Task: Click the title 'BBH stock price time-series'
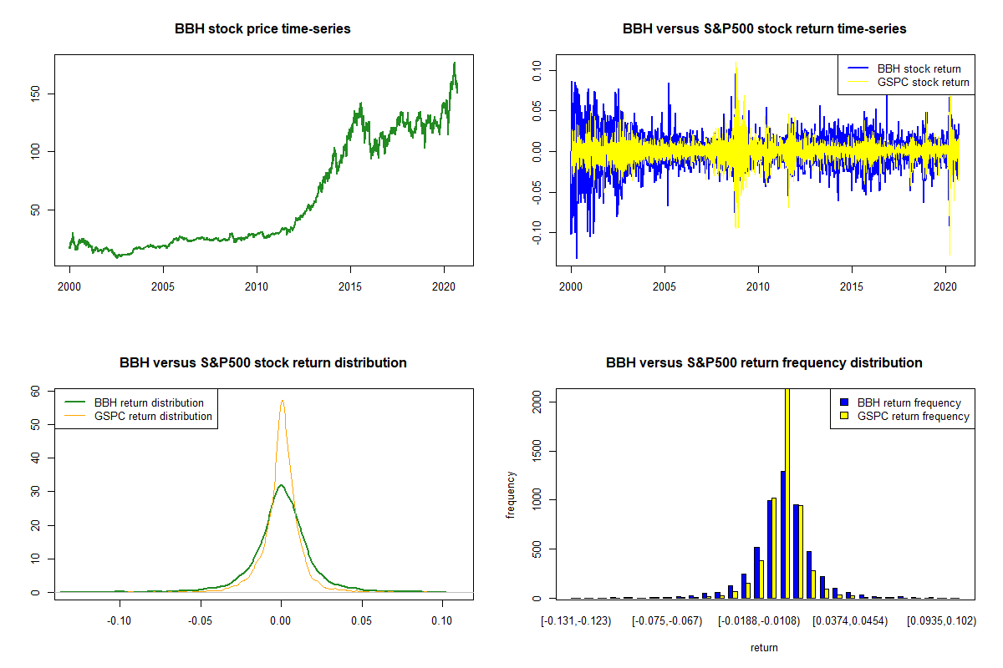point(262,29)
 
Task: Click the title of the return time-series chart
point(764,29)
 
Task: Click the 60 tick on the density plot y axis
point(36,391)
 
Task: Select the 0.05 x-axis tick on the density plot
point(361,620)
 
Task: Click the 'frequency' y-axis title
point(511,494)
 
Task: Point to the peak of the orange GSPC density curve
point(283,401)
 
